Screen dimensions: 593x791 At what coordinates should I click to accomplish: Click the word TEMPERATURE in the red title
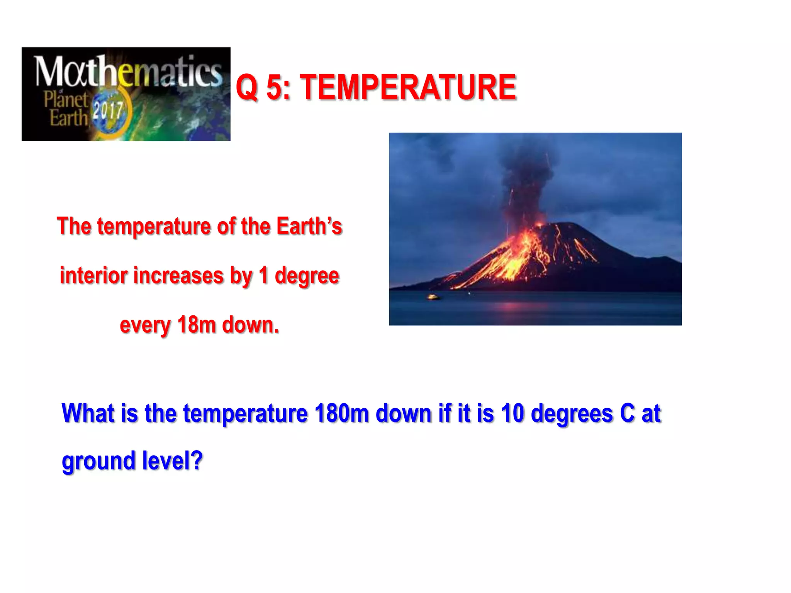408,88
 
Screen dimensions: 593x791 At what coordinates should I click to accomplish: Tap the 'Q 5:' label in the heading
263,88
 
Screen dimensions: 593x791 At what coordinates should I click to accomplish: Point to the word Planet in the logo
66,100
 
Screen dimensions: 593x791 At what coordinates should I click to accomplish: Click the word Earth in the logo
69,118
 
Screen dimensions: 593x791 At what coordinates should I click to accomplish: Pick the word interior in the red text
93,276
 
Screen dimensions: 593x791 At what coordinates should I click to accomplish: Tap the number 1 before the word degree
263,276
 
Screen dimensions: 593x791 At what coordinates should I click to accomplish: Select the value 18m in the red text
196,325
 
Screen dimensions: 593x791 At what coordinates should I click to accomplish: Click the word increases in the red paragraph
178,276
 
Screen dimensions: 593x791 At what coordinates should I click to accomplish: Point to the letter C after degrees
627,413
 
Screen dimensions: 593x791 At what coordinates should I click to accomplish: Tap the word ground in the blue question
98,462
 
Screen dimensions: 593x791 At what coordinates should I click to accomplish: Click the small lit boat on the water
433,297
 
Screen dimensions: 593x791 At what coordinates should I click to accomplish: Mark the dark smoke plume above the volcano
527,170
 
